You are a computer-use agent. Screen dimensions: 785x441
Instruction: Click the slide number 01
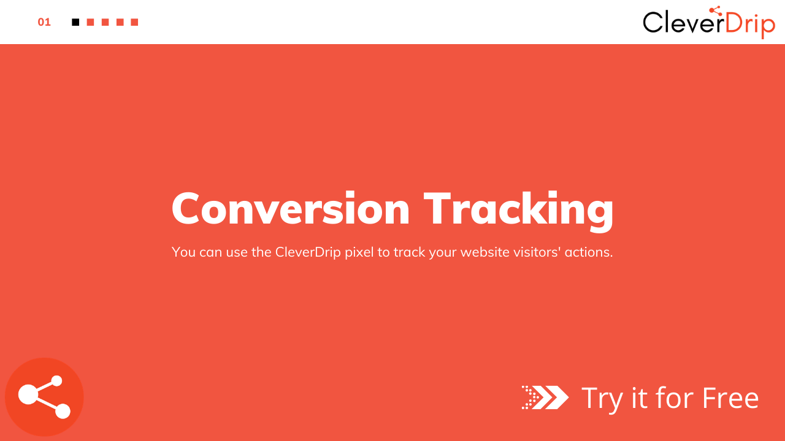click(44, 23)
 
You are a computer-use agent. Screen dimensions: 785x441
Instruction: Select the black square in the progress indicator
click(75, 23)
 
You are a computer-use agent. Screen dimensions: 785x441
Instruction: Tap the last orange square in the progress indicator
click(134, 23)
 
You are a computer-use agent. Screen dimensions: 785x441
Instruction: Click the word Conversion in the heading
click(291, 209)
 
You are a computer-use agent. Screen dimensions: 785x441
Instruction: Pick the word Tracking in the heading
click(519, 211)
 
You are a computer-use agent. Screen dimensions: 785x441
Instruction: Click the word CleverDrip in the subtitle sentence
click(308, 252)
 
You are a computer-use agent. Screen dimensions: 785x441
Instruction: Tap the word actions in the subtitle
click(589, 252)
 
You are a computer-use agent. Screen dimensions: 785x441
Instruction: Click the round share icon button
click(44, 397)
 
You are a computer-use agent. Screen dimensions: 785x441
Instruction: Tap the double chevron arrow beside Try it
click(545, 398)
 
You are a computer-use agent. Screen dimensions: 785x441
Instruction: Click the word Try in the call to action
click(602, 399)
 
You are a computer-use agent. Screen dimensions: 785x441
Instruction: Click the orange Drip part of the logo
click(750, 25)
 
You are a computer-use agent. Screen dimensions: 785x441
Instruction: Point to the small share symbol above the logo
click(716, 11)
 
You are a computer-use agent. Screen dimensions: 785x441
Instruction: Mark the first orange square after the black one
click(90, 23)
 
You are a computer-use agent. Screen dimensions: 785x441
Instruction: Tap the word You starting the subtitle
click(183, 252)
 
